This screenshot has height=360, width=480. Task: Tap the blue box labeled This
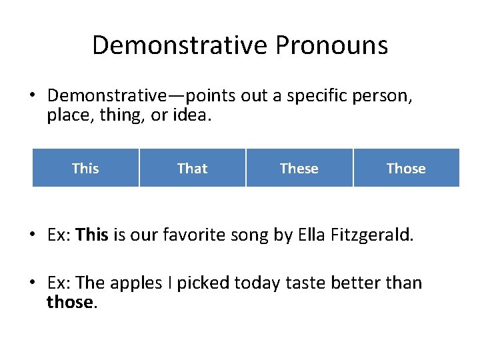[85, 168]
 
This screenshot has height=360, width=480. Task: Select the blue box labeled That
[193, 168]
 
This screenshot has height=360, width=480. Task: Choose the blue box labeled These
[299, 168]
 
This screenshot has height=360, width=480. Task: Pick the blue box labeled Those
[406, 168]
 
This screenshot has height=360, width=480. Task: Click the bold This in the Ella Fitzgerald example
[92, 235]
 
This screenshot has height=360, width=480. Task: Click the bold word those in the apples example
[71, 302]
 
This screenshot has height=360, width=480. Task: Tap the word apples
[133, 283]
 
